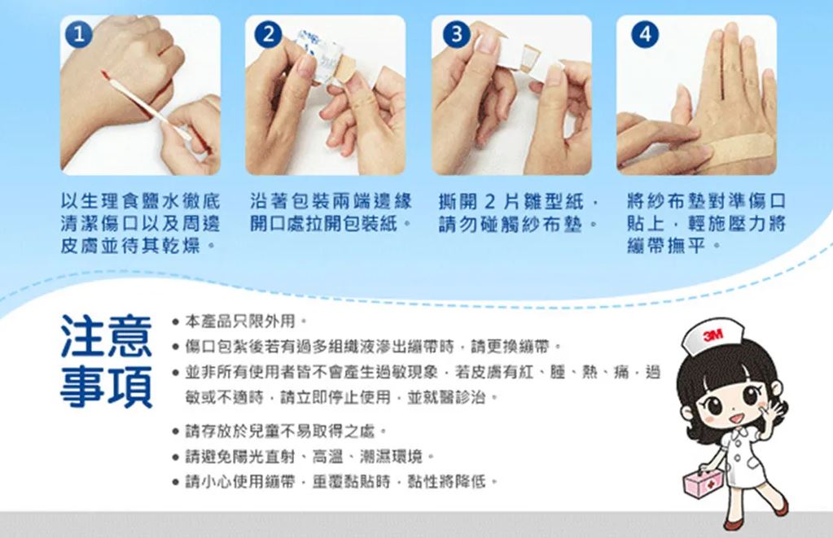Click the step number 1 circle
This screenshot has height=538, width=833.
pos(79,35)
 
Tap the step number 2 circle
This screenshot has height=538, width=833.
pos(269,34)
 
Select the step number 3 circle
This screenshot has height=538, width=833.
pos(456,34)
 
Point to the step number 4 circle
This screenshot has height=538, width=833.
pos(645,34)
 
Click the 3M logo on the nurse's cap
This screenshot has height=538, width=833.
pos(712,335)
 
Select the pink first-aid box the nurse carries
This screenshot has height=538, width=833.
pos(703,482)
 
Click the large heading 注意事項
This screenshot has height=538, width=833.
pos(106,361)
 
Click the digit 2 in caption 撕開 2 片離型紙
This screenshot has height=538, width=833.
pos(490,202)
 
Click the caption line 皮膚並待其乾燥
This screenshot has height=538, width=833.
pos(138,246)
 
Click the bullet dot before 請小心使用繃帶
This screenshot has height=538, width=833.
pos(175,482)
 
